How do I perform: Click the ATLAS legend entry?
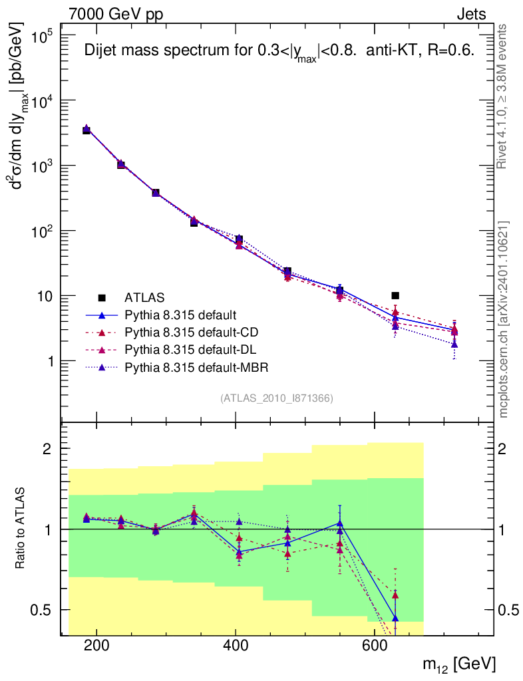click(144, 297)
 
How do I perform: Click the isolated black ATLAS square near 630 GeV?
click(395, 295)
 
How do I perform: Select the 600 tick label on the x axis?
click(374, 646)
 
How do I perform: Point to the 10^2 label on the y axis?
click(48, 231)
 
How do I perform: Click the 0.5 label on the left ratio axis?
click(48, 610)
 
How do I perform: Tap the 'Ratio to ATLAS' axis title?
click(22, 529)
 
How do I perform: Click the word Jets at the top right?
click(470, 13)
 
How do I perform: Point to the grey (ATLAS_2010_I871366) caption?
click(276, 398)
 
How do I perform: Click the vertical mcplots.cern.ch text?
click(504, 319)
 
